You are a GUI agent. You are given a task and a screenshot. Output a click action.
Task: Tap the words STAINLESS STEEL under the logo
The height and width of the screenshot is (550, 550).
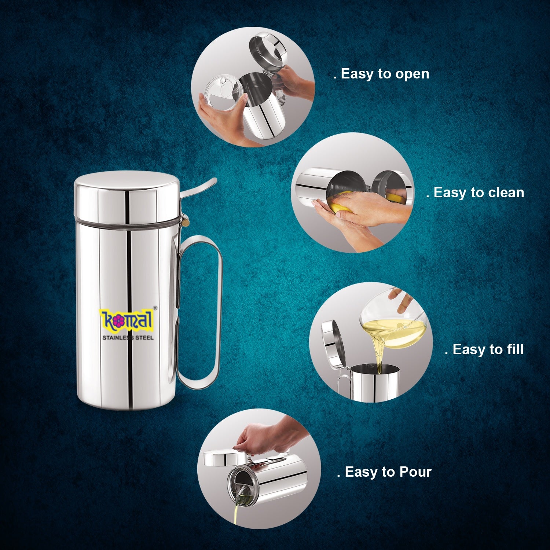(128, 338)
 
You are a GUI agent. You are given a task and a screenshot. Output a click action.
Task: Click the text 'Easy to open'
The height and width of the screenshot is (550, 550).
(385, 74)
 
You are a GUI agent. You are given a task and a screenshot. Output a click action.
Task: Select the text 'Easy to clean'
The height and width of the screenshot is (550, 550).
(478, 192)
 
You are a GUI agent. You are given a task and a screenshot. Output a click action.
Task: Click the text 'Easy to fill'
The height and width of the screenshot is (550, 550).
(488, 349)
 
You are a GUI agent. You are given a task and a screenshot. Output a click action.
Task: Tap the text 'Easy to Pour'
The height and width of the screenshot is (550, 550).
(388, 472)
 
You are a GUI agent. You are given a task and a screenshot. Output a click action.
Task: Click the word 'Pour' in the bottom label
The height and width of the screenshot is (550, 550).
(415, 472)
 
